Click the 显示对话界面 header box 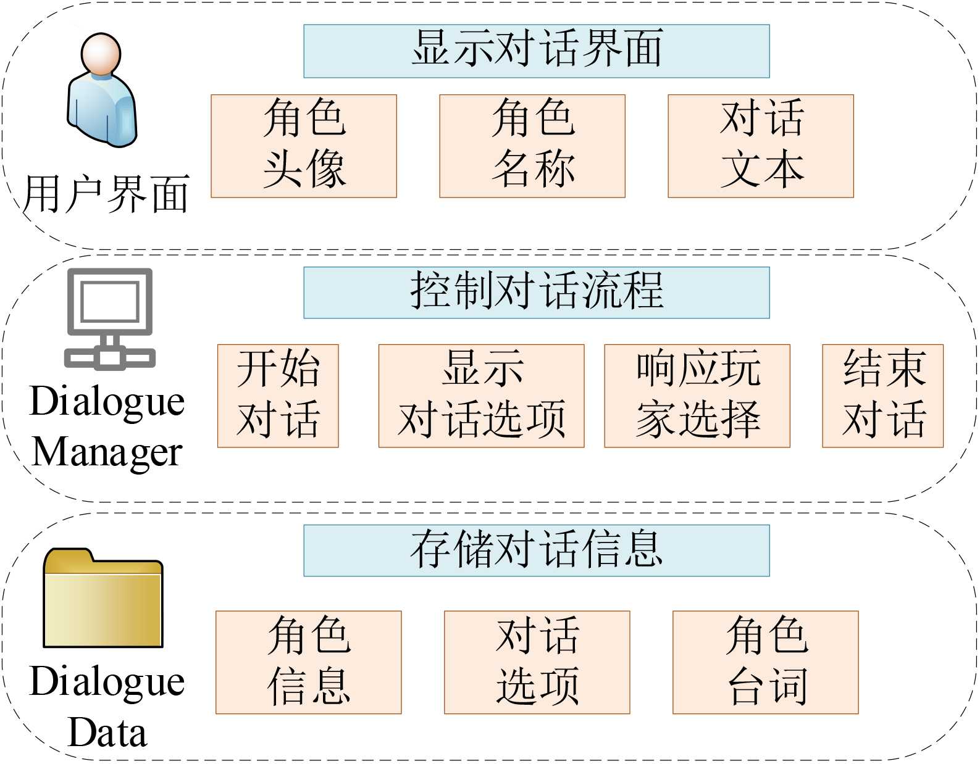(x=536, y=51)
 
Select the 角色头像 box (x=304, y=146)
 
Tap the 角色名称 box (x=532, y=146)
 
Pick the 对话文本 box (x=761, y=146)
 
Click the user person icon (x=102, y=93)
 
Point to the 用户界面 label (x=106, y=194)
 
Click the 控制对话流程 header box (x=536, y=293)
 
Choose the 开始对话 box (x=278, y=396)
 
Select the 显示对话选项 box (x=481, y=396)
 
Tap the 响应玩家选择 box (x=697, y=396)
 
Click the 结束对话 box (x=883, y=396)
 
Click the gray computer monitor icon (x=110, y=318)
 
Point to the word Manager (x=107, y=453)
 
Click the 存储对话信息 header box (x=536, y=550)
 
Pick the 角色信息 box (x=309, y=662)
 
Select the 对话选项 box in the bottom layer (x=537, y=662)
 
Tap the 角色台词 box (x=766, y=662)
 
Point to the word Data (x=107, y=733)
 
